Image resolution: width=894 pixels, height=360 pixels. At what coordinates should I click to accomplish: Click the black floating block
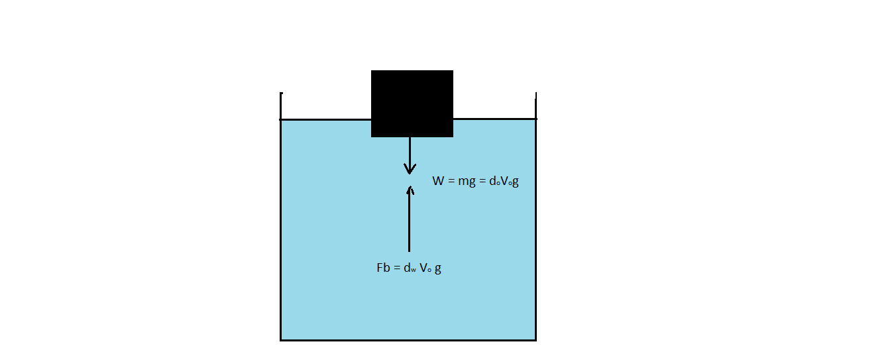412,103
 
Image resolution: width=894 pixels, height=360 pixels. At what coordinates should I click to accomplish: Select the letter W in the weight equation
439,180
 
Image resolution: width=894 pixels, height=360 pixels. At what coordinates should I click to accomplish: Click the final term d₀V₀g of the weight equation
504,181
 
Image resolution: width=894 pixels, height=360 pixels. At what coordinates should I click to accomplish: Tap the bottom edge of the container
408,340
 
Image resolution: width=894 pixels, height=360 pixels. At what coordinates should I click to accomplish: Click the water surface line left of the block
325,119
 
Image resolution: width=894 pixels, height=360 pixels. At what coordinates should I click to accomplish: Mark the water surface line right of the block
494,119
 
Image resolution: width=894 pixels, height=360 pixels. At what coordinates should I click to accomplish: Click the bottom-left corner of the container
281,340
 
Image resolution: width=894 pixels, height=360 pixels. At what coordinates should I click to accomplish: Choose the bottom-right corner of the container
535,340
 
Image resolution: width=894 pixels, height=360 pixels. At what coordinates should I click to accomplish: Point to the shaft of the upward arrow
409,222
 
